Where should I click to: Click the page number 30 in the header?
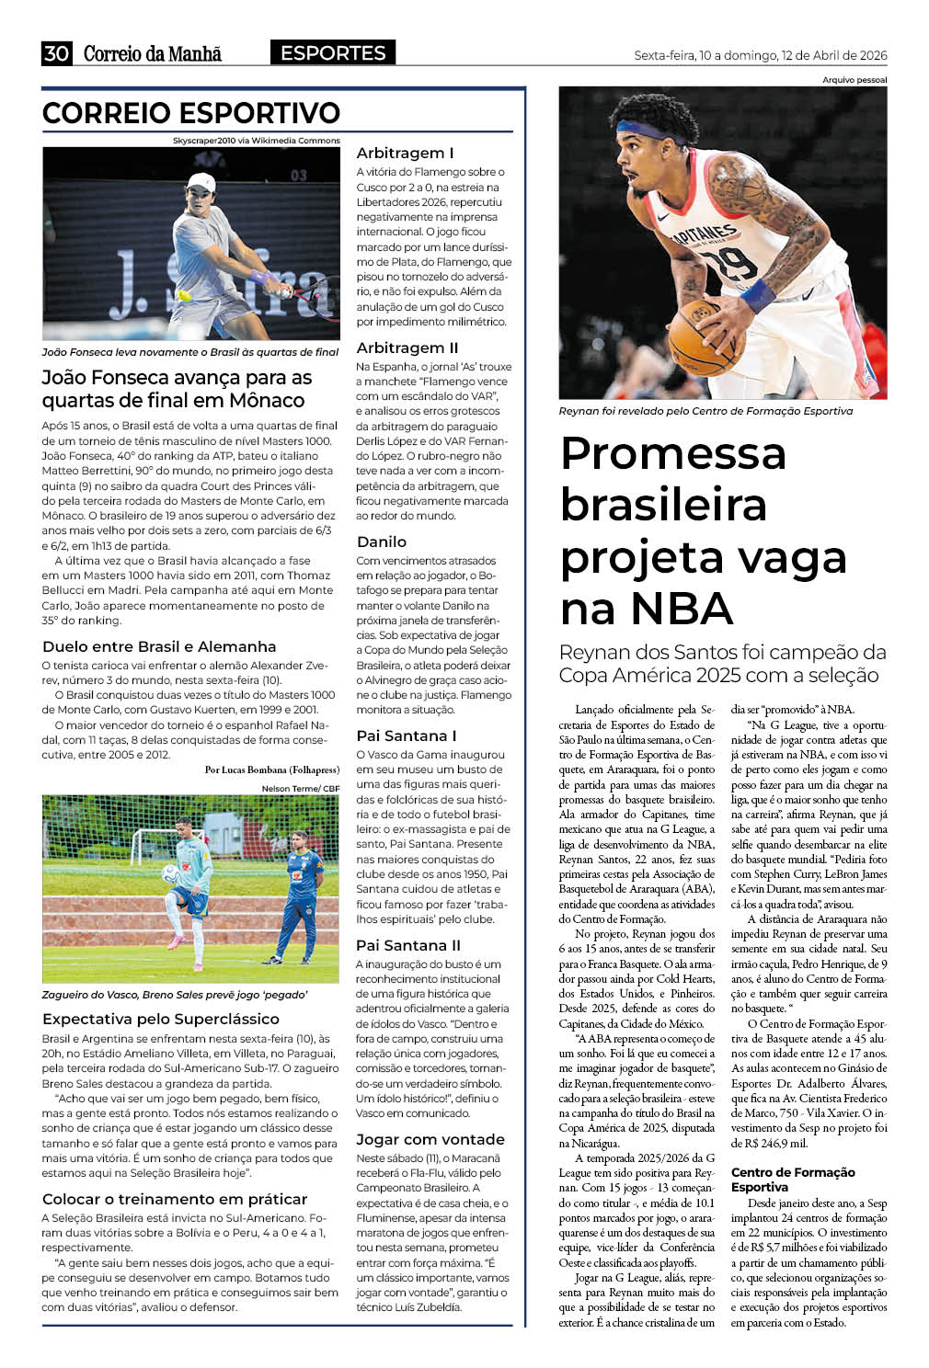(56, 53)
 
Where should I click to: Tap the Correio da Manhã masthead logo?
(153, 53)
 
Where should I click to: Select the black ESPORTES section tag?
(333, 52)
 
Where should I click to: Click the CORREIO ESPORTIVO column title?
(191, 113)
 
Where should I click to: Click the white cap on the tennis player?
(201, 181)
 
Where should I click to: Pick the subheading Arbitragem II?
(407, 348)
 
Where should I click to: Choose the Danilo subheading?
(382, 541)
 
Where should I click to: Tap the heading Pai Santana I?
(406, 735)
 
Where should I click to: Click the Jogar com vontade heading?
(430, 1139)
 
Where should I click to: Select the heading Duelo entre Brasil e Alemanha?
(159, 646)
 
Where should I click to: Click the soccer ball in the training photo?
(170, 873)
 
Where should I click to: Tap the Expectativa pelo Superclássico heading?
(161, 1019)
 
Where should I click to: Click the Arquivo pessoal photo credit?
(854, 80)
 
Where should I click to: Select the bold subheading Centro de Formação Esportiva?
(793, 1180)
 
